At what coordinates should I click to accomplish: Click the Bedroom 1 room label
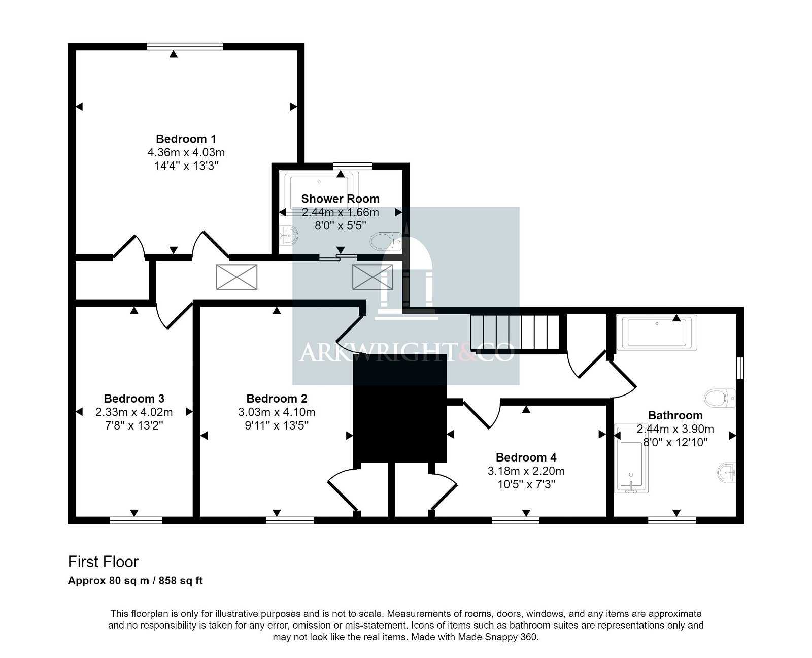click(186, 139)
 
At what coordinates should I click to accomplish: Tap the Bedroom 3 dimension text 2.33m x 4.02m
click(134, 412)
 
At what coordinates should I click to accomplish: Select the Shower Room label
click(341, 199)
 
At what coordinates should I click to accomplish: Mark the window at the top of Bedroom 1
click(185, 46)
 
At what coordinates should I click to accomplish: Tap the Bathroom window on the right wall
click(740, 368)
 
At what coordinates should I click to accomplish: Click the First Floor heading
click(103, 562)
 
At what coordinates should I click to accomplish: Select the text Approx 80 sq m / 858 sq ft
click(136, 581)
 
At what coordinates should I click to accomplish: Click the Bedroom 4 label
click(526, 457)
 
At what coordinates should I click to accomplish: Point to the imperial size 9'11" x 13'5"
click(277, 425)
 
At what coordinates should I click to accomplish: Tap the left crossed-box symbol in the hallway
click(236, 277)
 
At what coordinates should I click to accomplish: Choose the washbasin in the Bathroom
click(727, 473)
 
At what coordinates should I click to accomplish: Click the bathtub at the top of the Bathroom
click(657, 333)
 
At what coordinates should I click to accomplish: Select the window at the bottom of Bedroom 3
click(136, 520)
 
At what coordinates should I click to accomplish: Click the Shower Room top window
click(352, 166)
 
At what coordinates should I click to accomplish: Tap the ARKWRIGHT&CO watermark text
click(407, 352)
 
